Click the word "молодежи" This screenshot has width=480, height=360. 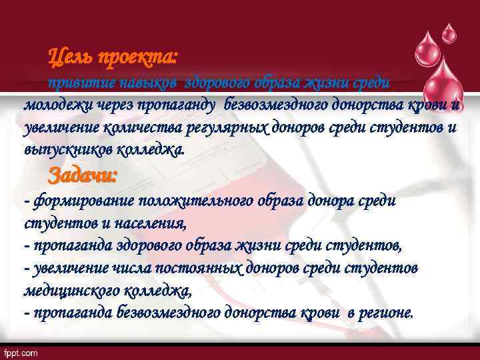click(55, 105)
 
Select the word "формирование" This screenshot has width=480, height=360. click(74, 201)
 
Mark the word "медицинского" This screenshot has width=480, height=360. click(74, 291)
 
